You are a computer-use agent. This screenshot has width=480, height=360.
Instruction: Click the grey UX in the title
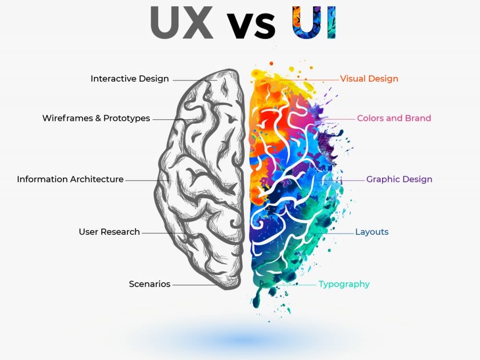pos(181,23)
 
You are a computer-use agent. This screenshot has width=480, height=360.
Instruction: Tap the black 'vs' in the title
pos(251,26)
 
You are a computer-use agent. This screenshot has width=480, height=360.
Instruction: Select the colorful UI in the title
pos(314,23)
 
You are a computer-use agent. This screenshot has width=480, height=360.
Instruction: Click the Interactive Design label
pos(130,79)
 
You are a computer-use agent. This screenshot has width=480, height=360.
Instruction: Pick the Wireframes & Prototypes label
pos(96,118)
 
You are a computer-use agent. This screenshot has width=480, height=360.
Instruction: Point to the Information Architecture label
pos(70,179)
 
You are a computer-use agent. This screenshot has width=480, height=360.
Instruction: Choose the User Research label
pos(109,232)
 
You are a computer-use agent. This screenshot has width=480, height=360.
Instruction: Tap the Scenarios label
pos(149,284)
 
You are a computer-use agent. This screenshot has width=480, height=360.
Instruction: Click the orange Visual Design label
pos(369,79)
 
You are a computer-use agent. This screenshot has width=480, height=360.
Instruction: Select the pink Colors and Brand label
pos(394,118)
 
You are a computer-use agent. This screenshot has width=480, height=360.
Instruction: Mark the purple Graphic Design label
pos(399,180)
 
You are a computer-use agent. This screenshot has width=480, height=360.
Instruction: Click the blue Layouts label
pos(372,232)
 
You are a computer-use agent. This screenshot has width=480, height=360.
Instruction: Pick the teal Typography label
pos(344,284)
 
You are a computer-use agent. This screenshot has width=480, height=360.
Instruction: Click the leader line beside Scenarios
pos(195,285)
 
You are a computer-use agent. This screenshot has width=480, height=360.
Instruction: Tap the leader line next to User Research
pos(164,233)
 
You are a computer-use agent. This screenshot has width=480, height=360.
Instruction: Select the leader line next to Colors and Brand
pos(337,119)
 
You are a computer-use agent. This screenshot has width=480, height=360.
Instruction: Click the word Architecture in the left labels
pos(98,179)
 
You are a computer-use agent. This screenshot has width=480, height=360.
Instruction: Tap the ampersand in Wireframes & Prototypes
pos(97,118)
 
